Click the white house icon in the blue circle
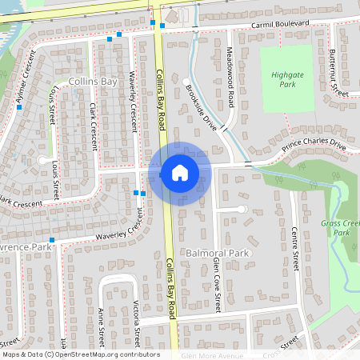pos(180,173)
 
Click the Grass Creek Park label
pos(341,228)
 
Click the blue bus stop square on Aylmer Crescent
pos(18,107)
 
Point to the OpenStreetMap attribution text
pos(80,354)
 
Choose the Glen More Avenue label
pos(211,355)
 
